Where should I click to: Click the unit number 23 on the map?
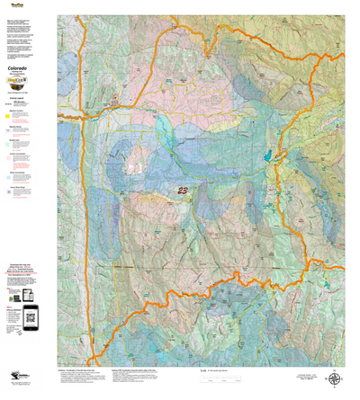tap(184, 190)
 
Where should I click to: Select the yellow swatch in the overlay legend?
tap(8, 116)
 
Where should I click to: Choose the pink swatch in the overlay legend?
tap(8, 159)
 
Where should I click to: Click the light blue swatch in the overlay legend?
tap(8, 177)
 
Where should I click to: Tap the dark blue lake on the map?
tap(267, 155)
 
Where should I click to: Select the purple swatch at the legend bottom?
tap(8, 191)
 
